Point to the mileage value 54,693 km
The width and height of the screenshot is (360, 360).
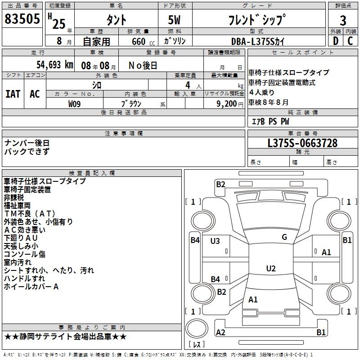49,65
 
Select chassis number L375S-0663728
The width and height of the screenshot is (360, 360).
302,144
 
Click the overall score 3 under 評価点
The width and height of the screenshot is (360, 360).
343,21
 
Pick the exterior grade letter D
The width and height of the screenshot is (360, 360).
335,41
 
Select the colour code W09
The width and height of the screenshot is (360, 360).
75,103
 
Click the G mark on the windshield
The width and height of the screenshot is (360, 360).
284,237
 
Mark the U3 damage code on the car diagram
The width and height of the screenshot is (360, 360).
215,241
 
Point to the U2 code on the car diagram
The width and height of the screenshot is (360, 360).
270,269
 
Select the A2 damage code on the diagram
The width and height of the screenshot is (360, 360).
220,332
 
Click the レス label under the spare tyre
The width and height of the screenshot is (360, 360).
197,345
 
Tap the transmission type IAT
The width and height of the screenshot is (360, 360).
13,94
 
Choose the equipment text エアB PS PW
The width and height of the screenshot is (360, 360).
270,121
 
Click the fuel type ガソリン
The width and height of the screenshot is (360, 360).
175,41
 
